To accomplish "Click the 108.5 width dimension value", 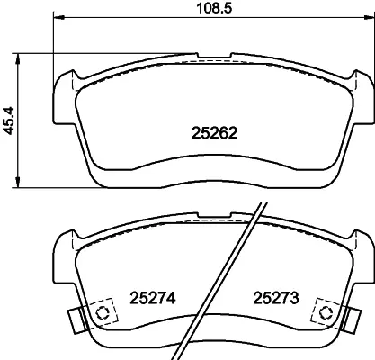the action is tap(214, 8).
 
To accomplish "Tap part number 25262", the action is tap(214, 133).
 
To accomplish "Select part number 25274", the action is tap(152, 298).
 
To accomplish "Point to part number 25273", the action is tap(276, 298).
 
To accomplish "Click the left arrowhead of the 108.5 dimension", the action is tap(59, 18).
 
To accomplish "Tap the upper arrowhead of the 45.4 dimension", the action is tap(18, 59).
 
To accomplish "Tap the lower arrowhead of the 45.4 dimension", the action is tap(18, 183).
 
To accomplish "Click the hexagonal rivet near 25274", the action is tap(102, 312).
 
